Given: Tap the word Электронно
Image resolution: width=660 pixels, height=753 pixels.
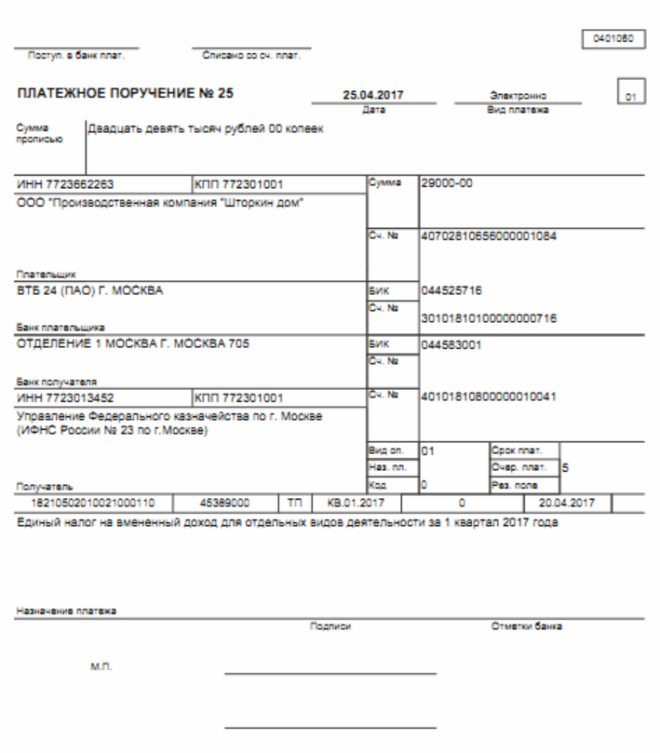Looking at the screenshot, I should click(517, 95).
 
